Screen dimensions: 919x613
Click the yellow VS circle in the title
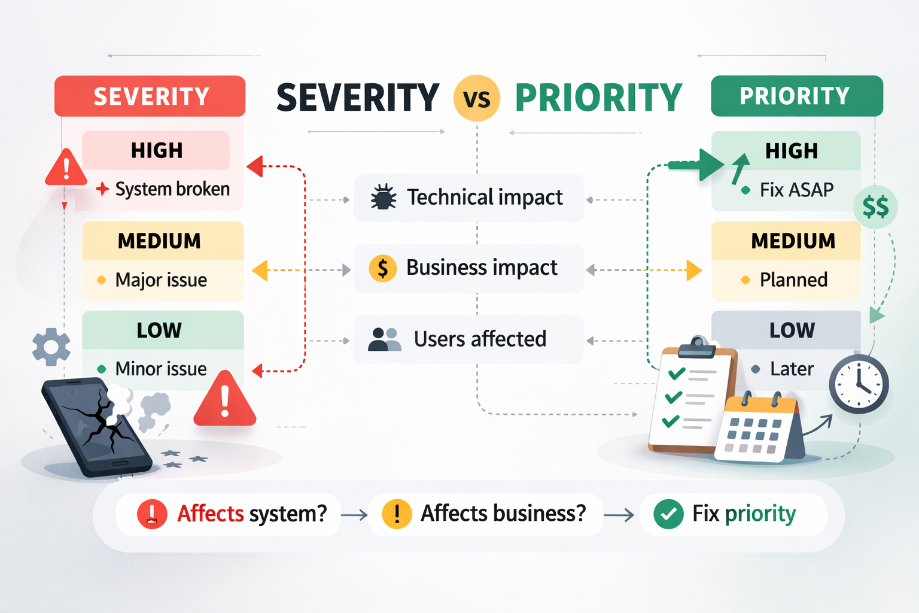tap(477, 98)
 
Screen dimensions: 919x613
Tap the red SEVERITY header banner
tap(150, 96)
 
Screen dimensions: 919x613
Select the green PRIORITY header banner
tap(796, 96)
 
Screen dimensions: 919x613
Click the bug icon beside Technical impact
tap(384, 197)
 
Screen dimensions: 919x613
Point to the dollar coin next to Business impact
tap(383, 268)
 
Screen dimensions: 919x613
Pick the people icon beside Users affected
tap(384, 339)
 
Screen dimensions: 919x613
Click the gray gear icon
tap(51, 347)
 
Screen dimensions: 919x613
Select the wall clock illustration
tap(859, 384)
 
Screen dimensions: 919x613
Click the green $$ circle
tap(875, 207)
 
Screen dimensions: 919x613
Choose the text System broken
tap(172, 189)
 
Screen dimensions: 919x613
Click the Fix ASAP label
tap(796, 190)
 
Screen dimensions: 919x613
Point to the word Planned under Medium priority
tap(793, 280)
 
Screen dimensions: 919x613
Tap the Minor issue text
tap(161, 369)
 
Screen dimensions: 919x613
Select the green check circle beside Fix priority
tap(668, 514)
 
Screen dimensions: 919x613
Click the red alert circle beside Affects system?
tap(152, 514)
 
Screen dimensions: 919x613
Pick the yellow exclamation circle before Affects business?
tap(397, 514)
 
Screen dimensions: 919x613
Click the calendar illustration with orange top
tap(757, 428)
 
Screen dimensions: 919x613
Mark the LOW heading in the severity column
tap(159, 330)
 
